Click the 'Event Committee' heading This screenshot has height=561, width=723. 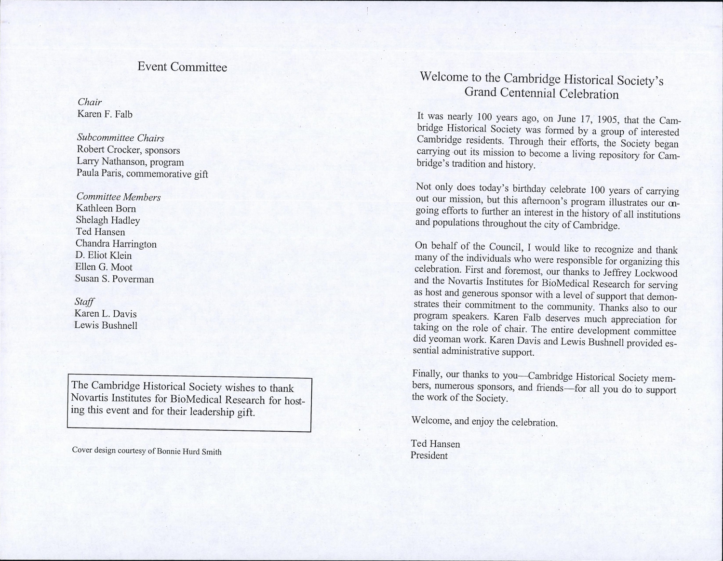182,67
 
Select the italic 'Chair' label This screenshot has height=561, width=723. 89,102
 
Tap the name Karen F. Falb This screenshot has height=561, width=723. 105,114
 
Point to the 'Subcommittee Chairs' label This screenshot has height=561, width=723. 120,138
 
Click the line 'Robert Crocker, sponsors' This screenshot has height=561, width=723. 128,150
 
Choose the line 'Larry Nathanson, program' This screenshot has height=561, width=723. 130,162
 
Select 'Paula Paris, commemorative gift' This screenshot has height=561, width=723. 142,174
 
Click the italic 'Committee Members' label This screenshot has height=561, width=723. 119,197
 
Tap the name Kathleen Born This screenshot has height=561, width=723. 106,209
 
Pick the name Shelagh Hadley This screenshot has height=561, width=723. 108,220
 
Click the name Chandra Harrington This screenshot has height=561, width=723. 116,244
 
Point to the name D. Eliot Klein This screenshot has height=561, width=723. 104,255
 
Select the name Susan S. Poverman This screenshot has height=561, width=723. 115,279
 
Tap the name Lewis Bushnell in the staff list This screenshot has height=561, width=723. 106,325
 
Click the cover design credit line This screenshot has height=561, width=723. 147,451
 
